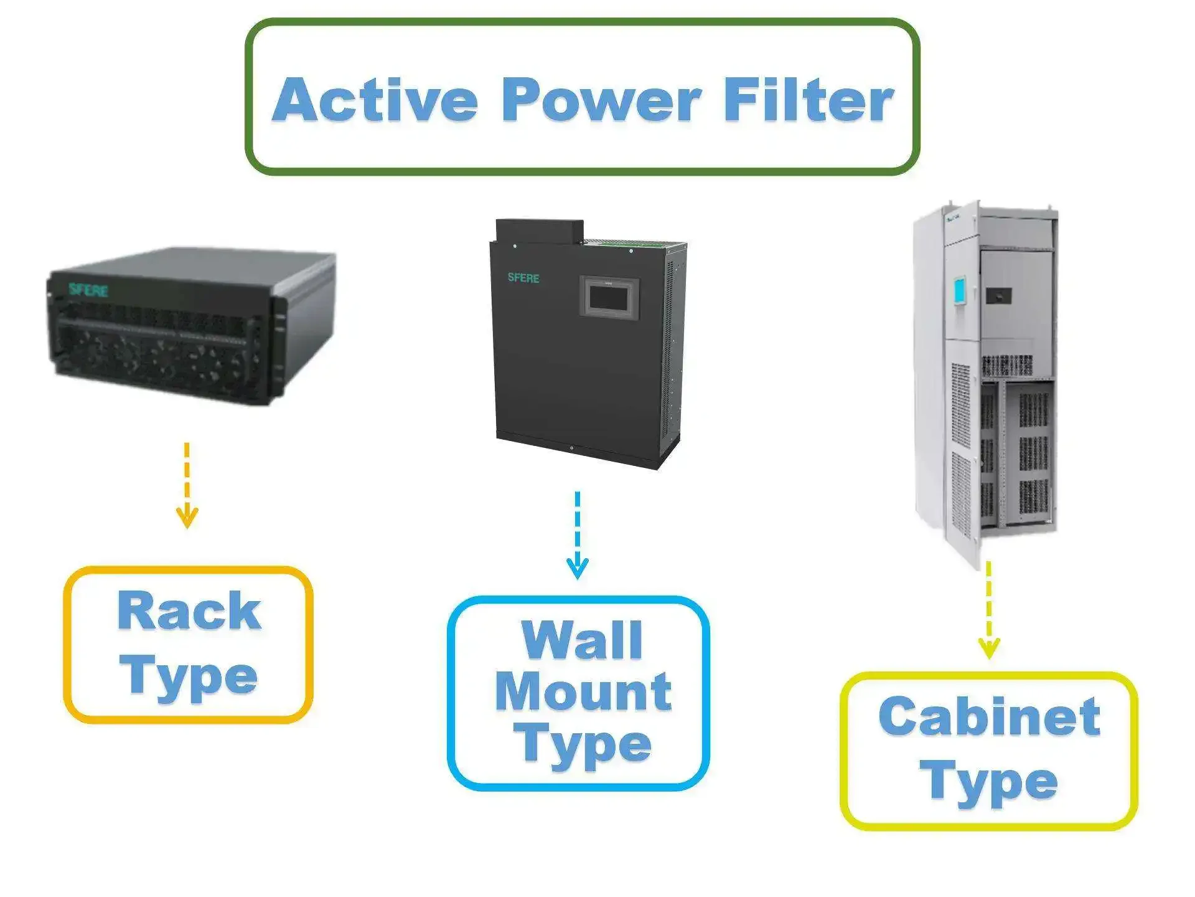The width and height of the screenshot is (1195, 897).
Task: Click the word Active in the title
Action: pos(375,100)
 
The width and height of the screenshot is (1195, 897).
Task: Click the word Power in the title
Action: pos(601,100)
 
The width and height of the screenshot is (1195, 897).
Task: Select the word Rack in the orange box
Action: pos(189,612)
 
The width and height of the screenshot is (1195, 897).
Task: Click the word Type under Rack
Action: pos(189,676)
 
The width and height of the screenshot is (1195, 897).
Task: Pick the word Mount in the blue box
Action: pos(583,691)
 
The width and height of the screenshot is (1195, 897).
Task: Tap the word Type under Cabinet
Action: pos(989,782)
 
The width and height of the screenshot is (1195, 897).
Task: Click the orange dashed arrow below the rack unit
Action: pos(187,486)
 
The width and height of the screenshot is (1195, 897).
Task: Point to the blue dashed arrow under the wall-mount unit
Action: pos(578,536)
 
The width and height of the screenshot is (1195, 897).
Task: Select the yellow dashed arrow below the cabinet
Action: pos(988,610)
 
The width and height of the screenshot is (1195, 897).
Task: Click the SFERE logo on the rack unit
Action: pos(88,290)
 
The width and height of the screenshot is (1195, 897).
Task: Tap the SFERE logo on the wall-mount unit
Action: pos(523,278)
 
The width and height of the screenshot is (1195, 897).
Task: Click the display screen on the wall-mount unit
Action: pos(609,298)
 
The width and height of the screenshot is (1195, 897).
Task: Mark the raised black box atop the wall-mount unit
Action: pos(540,230)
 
